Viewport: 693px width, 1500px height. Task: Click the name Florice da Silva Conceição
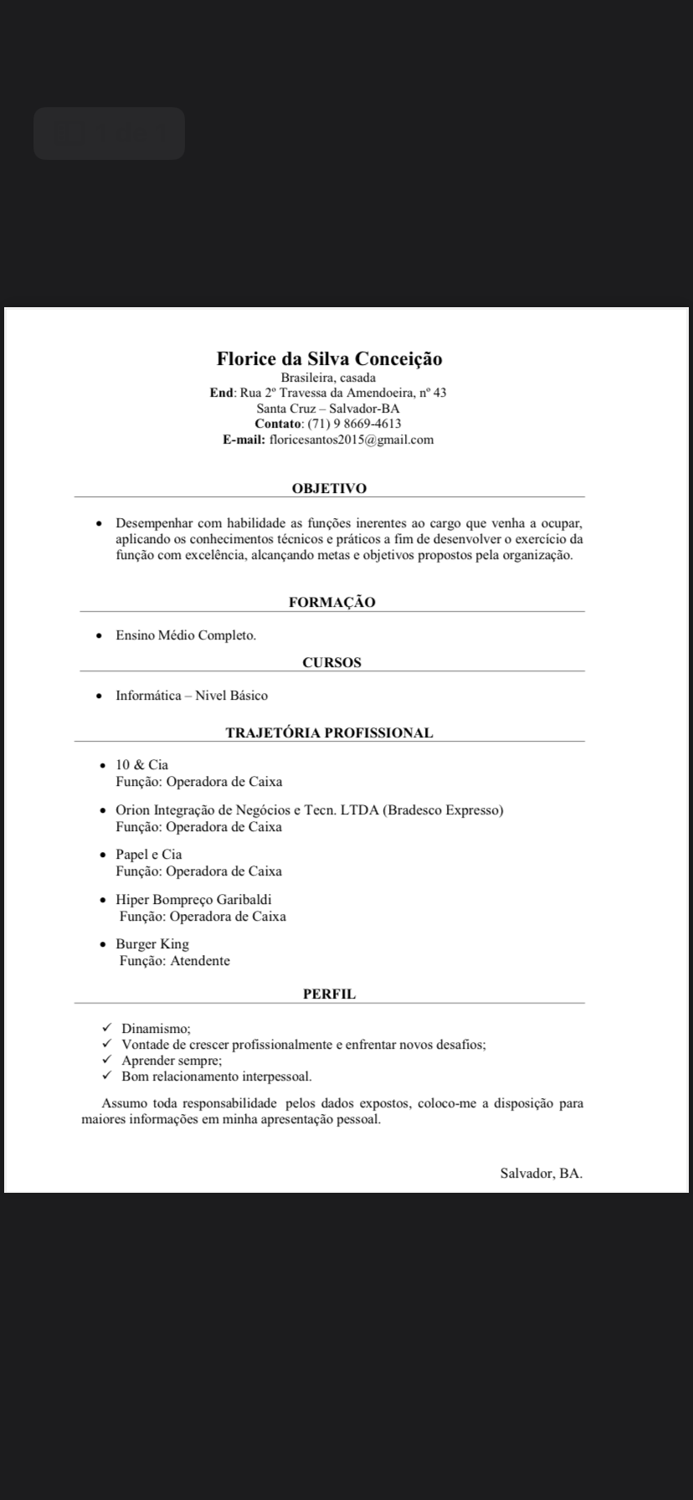[329, 359]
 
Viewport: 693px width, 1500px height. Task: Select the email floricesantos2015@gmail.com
[351, 439]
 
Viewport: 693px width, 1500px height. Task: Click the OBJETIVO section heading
[329, 488]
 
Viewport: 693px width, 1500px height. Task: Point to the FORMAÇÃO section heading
[331, 602]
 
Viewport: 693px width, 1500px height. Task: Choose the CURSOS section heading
[331, 662]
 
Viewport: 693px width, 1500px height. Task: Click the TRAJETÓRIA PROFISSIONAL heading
[329, 732]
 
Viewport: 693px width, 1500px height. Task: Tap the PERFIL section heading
[329, 994]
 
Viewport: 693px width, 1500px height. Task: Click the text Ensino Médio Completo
[186, 635]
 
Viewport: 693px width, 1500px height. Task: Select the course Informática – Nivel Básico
[192, 696]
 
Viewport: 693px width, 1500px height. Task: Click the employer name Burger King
[152, 944]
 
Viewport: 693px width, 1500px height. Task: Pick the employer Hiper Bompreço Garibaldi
[193, 900]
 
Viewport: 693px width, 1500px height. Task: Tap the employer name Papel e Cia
[149, 855]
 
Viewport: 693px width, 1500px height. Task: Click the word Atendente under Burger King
[200, 961]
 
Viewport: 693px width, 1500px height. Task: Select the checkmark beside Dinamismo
[106, 1028]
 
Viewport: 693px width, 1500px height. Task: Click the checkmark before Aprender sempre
[106, 1060]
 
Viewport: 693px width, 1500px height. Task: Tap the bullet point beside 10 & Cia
[101, 766]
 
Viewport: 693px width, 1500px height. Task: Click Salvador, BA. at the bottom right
[541, 1173]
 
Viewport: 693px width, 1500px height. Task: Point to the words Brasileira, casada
[328, 378]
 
